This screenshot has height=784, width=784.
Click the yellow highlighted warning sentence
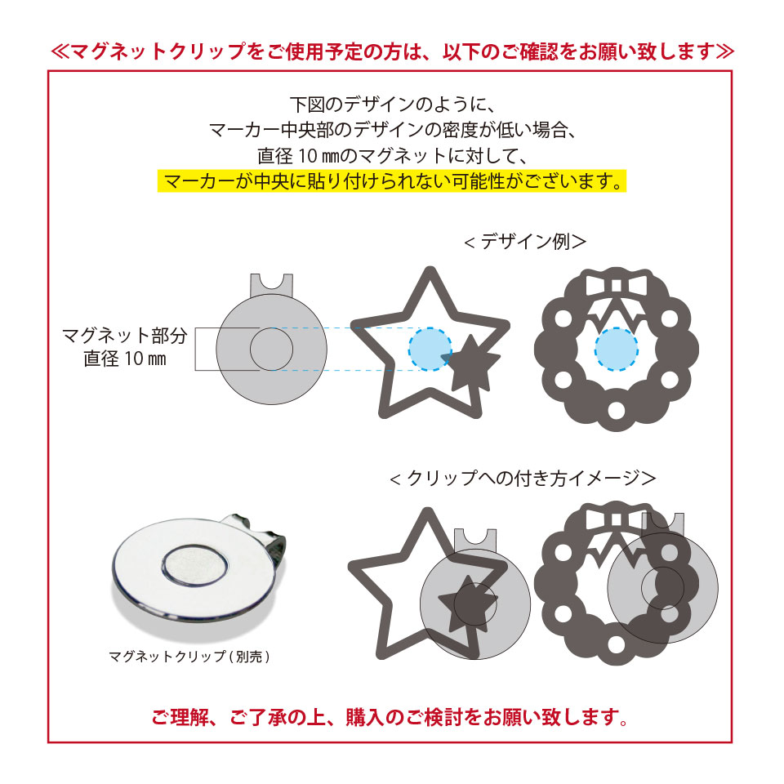point(392,180)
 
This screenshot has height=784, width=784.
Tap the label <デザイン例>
point(524,242)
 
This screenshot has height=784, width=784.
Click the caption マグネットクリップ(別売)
point(189,656)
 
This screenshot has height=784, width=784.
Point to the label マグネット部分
point(125,335)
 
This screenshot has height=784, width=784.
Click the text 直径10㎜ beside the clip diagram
point(125,359)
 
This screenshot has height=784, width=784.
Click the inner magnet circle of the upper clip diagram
point(271,350)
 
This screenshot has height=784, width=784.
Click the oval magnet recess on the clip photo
point(193,563)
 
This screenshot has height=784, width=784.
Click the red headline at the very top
point(392,51)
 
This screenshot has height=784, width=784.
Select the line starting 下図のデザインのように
point(392,105)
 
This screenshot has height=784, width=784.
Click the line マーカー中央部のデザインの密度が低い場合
point(392,130)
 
